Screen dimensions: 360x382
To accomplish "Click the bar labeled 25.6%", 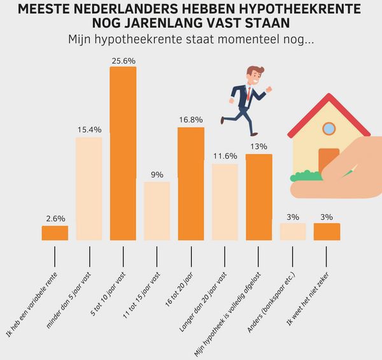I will [x=123, y=153].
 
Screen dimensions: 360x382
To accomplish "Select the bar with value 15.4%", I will [x=88, y=189].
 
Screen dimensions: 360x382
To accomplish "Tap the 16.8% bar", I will [x=191, y=184].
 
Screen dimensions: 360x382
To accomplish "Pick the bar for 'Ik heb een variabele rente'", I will [x=55, y=233].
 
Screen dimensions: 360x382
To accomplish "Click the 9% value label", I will [x=157, y=175].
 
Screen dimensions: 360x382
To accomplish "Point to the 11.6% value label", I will [x=225, y=157].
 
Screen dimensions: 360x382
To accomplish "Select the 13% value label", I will [x=258, y=147].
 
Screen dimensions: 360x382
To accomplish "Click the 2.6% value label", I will [x=55, y=219].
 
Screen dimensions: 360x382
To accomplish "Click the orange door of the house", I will [x=328, y=161].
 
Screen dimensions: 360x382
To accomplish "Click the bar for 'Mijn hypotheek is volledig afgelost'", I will [x=258, y=197].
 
